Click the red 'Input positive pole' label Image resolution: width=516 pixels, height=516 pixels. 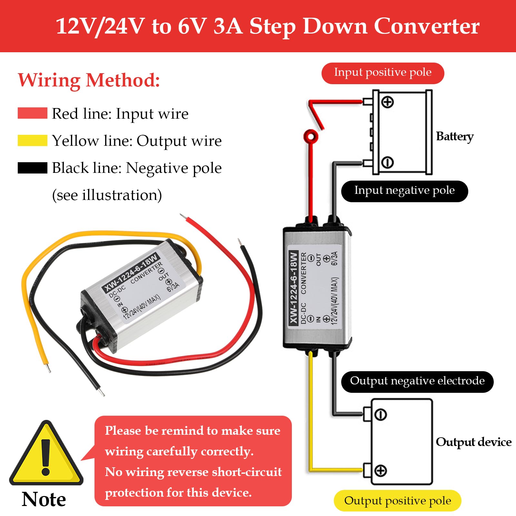[382, 73]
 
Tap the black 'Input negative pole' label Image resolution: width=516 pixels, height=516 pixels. [404, 191]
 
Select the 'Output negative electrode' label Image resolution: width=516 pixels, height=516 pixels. [417, 382]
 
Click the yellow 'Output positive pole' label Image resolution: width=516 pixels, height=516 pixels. [397, 501]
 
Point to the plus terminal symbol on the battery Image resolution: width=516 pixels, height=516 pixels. [387, 102]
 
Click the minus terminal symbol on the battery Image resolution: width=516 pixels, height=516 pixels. [387, 162]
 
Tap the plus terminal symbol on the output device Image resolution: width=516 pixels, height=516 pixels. [381, 471]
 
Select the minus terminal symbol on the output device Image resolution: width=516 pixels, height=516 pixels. [381, 414]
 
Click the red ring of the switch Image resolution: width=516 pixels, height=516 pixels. [311, 136]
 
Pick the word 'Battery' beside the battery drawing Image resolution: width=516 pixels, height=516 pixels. [455, 137]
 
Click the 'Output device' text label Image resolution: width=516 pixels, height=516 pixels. [473, 442]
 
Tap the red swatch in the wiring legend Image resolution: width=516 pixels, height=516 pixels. [33, 113]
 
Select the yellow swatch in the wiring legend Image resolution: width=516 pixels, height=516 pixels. [33, 141]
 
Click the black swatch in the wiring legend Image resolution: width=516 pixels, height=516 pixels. [33, 168]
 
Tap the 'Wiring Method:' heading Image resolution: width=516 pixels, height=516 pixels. [89, 80]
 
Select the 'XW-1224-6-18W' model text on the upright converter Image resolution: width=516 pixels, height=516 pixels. [293, 288]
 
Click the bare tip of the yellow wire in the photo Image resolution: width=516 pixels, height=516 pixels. [48, 368]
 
